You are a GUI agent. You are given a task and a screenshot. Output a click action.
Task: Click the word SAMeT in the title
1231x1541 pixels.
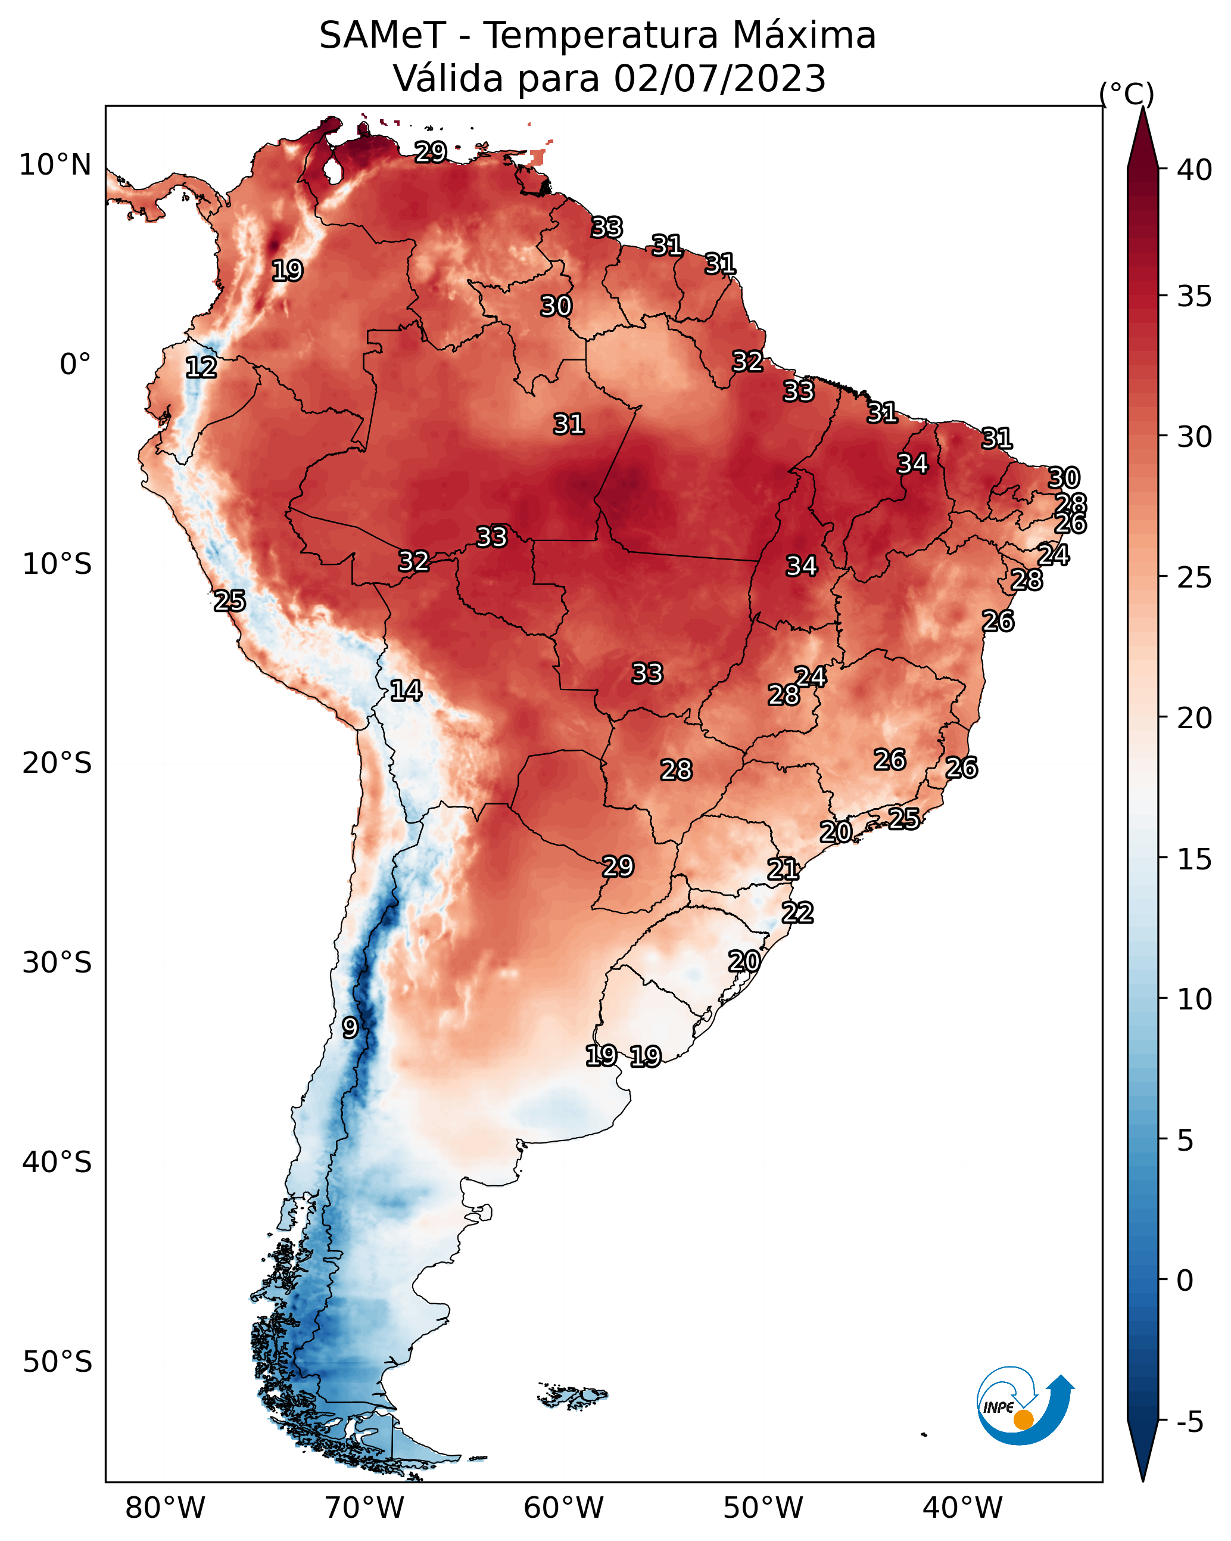(x=382, y=36)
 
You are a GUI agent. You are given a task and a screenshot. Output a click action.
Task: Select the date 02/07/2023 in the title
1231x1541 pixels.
(x=719, y=79)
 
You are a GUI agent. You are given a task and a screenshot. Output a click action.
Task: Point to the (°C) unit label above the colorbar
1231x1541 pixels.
(x=1127, y=94)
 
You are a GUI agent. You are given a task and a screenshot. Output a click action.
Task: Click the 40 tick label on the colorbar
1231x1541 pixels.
(x=1195, y=170)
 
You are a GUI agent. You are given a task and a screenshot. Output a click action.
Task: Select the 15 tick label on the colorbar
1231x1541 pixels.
(x=1195, y=859)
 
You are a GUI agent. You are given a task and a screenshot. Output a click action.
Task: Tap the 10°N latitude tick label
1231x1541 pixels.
(x=55, y=165)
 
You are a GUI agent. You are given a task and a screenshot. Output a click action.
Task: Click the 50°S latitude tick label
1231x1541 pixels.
(x=57, y=1362)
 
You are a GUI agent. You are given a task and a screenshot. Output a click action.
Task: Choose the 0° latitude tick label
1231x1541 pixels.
(x=76, y=365)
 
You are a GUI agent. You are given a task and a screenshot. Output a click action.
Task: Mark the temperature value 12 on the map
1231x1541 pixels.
(x=201, y=368)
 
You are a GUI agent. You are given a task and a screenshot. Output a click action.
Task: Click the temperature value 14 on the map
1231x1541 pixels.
(x=405, y=691)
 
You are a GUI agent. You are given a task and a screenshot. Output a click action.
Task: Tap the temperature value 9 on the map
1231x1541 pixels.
(x=350, y=1028)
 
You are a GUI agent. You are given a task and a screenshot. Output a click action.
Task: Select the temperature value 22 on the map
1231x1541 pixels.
(x=797, y=913)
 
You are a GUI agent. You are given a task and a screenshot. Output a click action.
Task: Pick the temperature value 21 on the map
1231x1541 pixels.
(x=783, y=869)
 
